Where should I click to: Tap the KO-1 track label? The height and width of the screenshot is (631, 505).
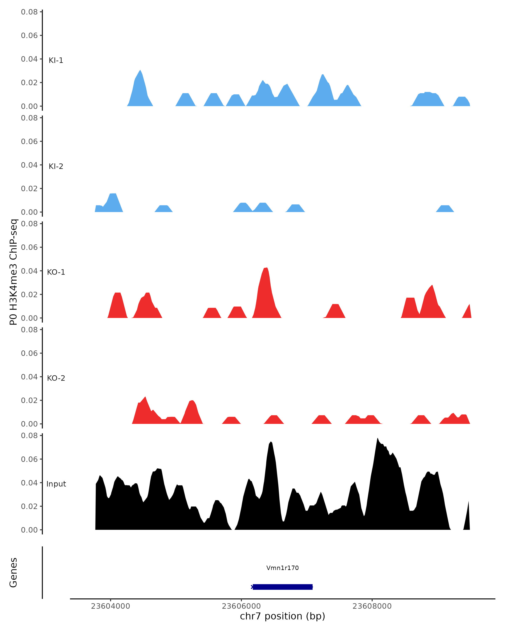point(56,272)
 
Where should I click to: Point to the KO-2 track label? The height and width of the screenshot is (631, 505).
point(56,378)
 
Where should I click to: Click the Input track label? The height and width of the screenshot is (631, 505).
point(56,484)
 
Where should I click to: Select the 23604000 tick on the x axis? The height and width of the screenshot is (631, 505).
point(110,606)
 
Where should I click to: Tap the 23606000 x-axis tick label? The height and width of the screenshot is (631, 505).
point(241,606)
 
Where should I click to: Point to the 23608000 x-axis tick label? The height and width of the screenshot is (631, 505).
point(372,606)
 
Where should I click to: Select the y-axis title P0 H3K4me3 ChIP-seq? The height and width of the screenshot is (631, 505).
point(13,272)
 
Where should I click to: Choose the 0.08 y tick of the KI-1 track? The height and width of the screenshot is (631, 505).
point(29,12)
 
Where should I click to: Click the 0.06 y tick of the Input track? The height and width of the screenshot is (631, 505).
point(29,459)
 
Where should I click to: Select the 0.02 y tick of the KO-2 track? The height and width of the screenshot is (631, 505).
point(29,400)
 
